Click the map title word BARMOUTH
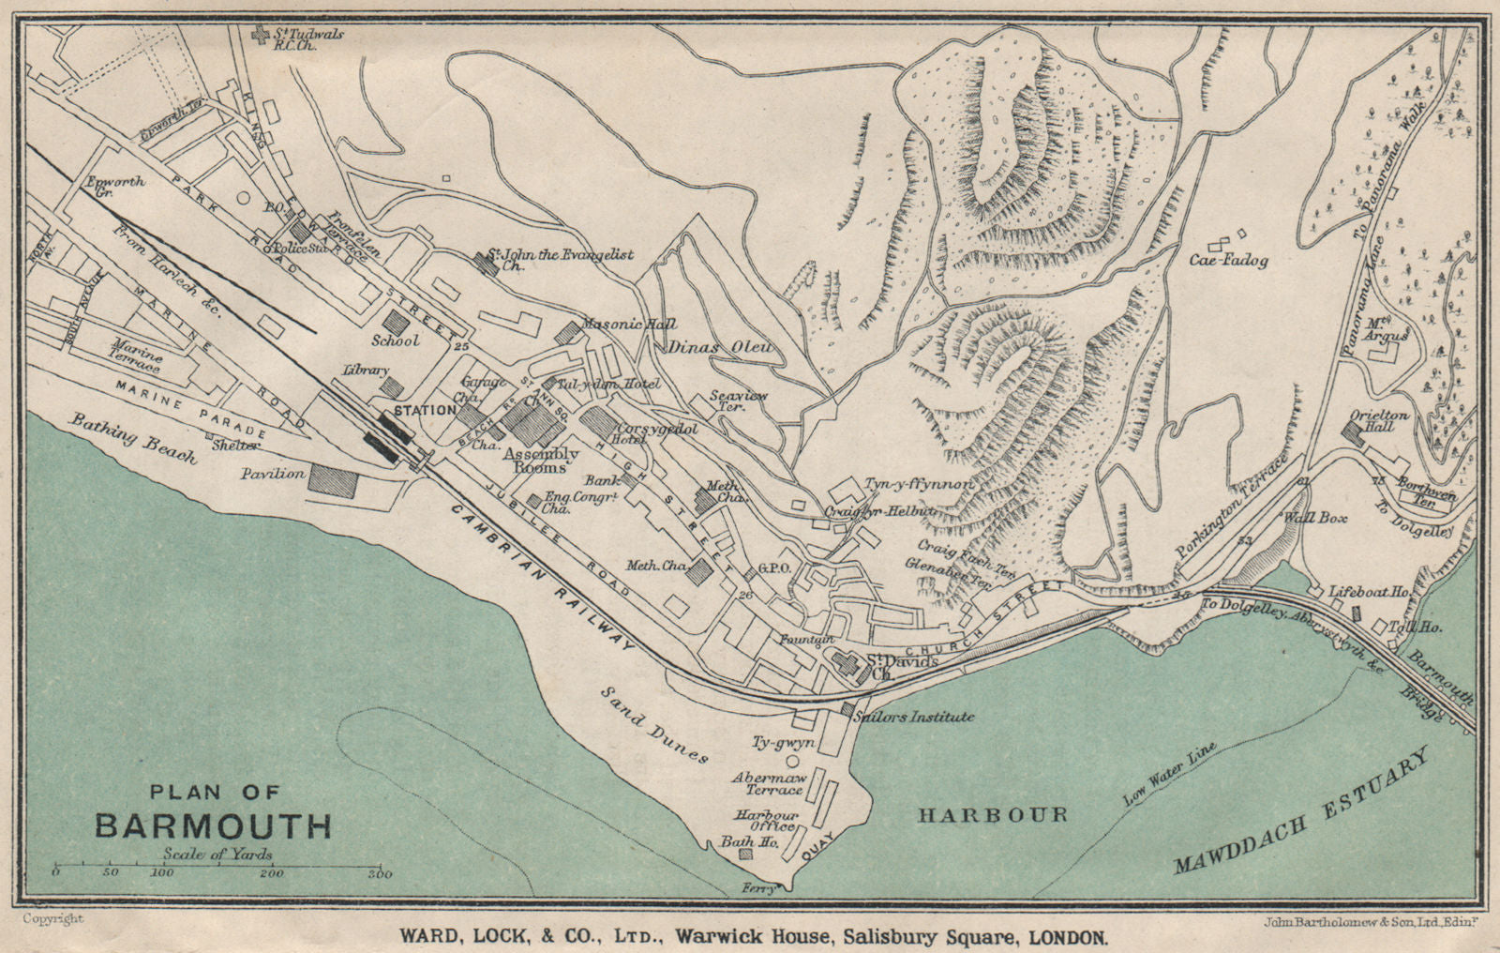(x=213, y=825)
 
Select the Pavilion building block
(x=334, y=479)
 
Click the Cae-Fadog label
(x=1229, y=260)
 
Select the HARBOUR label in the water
(x=992, y=815)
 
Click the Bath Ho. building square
(x=746, y=855)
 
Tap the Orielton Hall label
(x=1372, y=420)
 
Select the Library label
(x=366, y=371)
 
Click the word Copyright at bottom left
(x=53, y=919)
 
